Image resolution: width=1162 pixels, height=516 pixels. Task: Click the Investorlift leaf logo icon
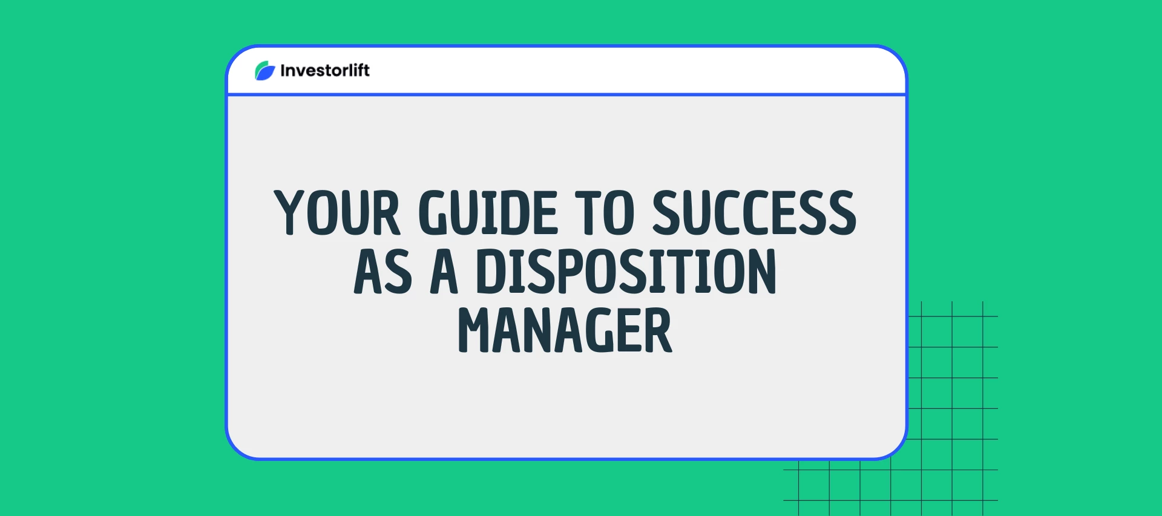click(264, 71)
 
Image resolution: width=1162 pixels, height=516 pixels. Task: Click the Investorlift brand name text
click(325, 71)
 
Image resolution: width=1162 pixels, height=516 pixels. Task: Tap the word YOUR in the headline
click(336, 212)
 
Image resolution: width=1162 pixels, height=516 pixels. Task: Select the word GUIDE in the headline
click(488, 212)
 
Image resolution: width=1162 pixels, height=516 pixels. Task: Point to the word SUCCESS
click(754, 212)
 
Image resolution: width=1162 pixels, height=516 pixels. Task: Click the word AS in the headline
click(382, 272)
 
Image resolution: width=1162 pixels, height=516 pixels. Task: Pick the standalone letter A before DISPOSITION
click(444, 272)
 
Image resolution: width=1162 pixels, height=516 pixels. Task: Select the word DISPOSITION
click(625, 272)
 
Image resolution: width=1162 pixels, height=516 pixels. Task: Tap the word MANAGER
click(565, 330)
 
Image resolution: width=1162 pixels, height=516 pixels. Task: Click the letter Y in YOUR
click(290, 212)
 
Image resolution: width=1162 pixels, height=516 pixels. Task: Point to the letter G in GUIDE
click(433, 212)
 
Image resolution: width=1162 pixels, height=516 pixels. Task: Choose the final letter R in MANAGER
click(658, 330)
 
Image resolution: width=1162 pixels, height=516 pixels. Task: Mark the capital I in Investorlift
click(283, 71)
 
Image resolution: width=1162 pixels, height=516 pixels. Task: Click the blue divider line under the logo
click(566, 94)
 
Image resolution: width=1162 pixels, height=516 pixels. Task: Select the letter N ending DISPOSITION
click(761, 272)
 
